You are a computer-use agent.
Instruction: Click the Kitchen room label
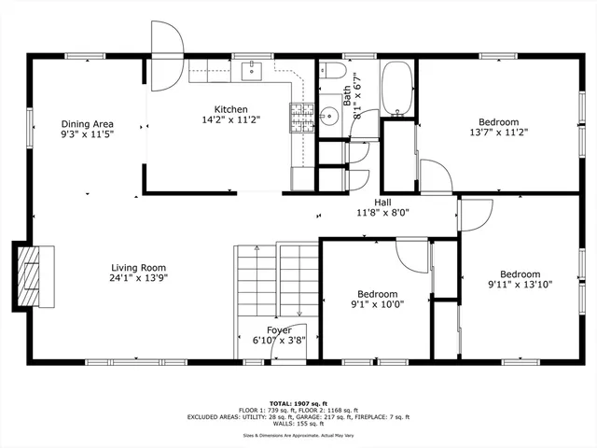(x=230, y=109)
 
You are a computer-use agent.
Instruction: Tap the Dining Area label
(x=88, y=124)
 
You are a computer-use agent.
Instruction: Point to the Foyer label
(x=279, y=330)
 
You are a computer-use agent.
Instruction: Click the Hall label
(x=382, y=202)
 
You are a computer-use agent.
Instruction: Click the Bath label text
(x=347, y=94)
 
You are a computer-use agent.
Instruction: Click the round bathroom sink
(x=328, y=117)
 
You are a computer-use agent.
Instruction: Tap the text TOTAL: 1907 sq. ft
(x=298, y=401)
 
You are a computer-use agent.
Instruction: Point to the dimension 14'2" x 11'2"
(x=230, y=120)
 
